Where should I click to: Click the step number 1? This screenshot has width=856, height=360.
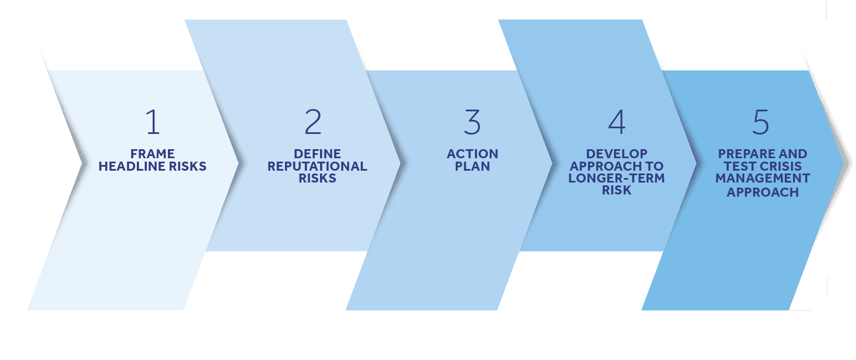153,123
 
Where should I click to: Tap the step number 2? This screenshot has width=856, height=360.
313,123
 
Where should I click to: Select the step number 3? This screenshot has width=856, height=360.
472,123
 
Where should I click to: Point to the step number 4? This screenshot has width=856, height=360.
616,123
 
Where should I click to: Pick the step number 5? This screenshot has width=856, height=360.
761,123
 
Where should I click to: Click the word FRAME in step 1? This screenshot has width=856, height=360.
153,154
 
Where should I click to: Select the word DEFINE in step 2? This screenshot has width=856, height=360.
317,154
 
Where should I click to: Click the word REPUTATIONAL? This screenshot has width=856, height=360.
317,167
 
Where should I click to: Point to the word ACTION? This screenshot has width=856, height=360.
472,154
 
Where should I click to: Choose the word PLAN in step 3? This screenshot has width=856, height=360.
472,167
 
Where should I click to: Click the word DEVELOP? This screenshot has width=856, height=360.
616,154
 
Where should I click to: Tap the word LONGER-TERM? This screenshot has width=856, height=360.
616,179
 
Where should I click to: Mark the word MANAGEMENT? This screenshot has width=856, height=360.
762,179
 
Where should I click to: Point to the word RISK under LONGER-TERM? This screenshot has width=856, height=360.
616,191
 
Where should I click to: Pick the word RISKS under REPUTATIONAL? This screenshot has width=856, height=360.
317,179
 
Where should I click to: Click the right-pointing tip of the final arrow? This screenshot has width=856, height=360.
849,163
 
